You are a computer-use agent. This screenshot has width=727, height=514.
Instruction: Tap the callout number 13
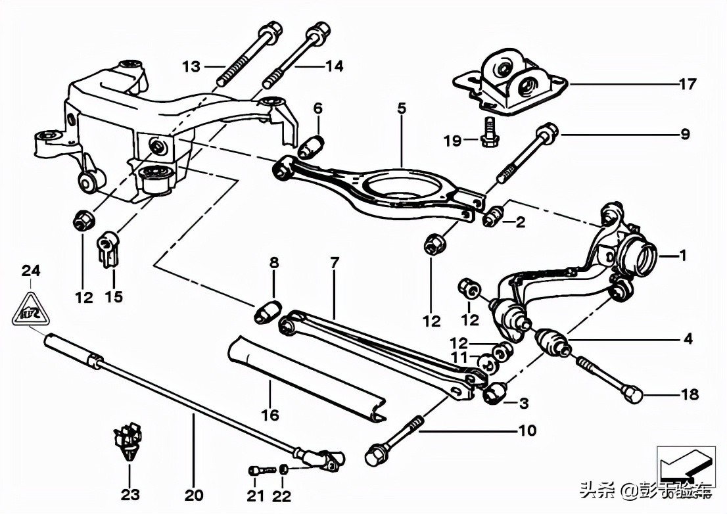(x=191, y=66)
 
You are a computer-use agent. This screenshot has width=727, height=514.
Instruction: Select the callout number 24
(x=30, y=270)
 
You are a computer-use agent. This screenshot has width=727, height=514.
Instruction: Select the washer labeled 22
(x=283, y=469)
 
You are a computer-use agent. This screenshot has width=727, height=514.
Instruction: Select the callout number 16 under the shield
(x=270, y=415)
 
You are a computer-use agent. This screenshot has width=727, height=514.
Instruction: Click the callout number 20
(x=195, y=494)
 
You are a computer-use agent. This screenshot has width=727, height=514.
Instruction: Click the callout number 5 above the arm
(x=402, y=108)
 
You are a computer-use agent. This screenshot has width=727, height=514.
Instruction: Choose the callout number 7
(x=335, y=263)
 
